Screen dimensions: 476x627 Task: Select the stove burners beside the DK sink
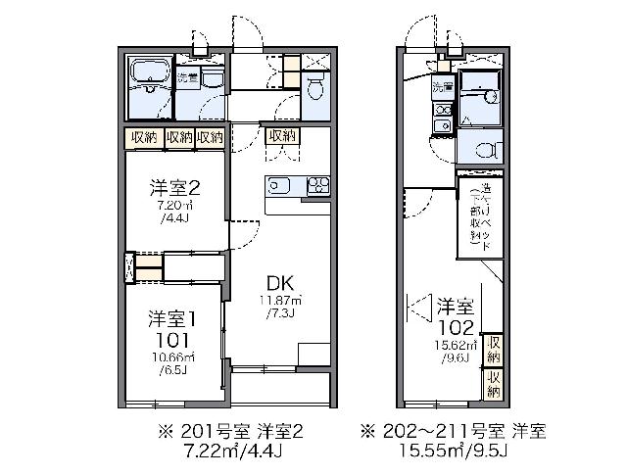(x=318, y=185)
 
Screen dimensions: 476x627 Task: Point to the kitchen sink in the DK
(x=278, y=185)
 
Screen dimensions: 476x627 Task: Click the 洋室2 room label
(x=174, y=188)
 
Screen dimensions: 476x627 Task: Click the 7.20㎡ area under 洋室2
(x=175, y=208)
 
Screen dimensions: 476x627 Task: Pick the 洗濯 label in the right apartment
(x=443, y=87)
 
